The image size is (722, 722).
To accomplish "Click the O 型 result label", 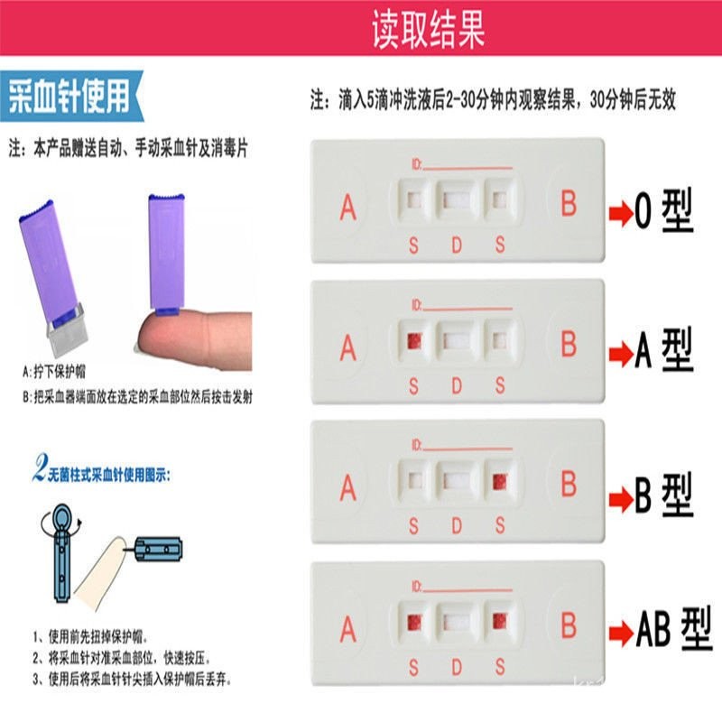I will (x=662, y=211).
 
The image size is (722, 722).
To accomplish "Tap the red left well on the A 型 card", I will (x=414, y=340).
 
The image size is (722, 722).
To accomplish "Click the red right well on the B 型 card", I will (x=498, y=482).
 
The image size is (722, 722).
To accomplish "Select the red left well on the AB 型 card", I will (x=414, y=622).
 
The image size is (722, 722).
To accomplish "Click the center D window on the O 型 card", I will (x=456, y=198).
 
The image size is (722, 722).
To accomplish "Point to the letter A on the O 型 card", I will (x=348, y=207).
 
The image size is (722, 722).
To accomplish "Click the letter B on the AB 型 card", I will (x=569, y=625).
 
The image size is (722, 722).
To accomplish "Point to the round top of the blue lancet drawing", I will (x=59, y=519).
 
